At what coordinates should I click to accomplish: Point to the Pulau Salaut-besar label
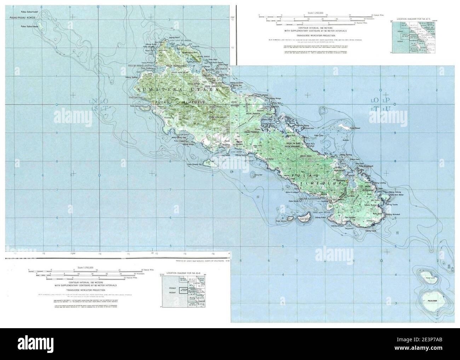tap(30, 27)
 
